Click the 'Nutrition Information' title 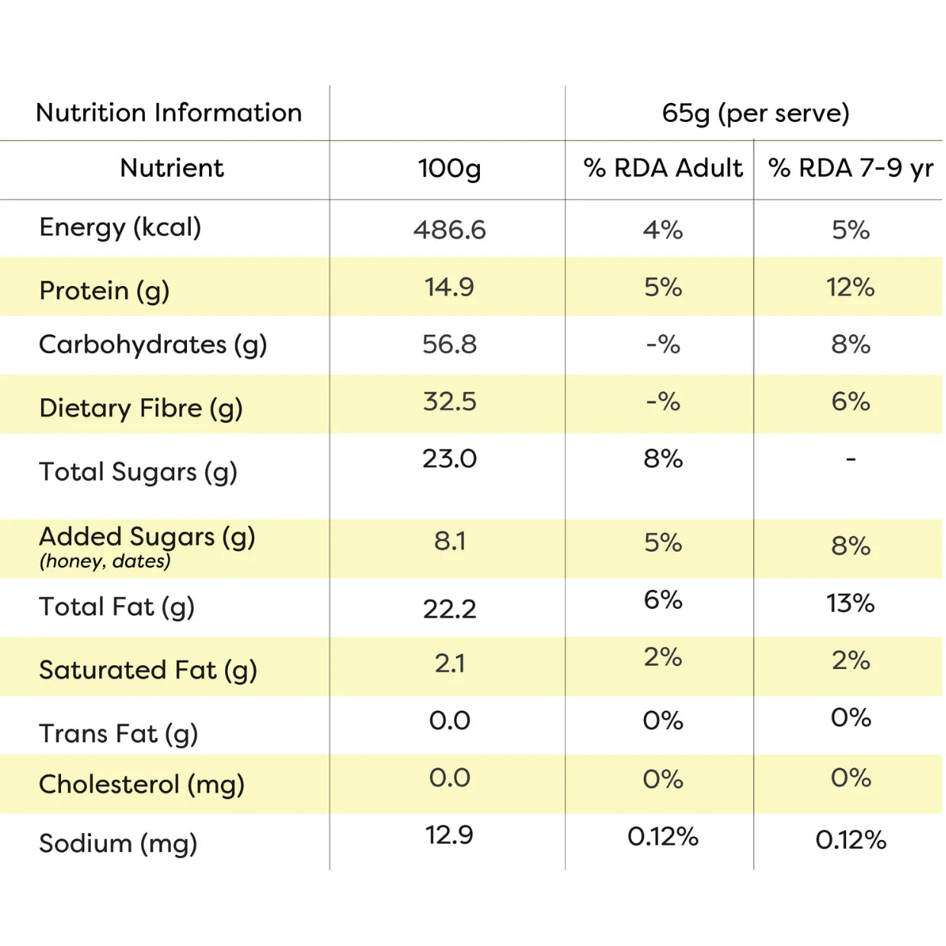tap(169, 112)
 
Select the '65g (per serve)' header tap(755, 114)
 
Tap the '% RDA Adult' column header tap(663, 168)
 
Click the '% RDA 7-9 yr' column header tap(851, 169)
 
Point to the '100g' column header tap(449, 169)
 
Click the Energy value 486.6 tap(449, 230)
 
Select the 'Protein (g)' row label tap(105, 291)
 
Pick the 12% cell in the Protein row tap(851, 287)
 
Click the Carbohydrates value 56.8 tap(449, 344)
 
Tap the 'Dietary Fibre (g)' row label tap(141, 408)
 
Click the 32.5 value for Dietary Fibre tap(449, 401)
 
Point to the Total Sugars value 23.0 tap(449, 459)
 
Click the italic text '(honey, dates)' tap(105, 561)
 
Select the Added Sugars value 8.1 tap(449, 542)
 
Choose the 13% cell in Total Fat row tap(851, 603)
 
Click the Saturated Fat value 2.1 tap(449, 664)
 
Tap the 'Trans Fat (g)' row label tap(118, 734)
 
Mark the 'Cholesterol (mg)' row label tap(141, 784)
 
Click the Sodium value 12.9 tap(449, 835)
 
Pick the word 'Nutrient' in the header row tap(172, 168)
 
